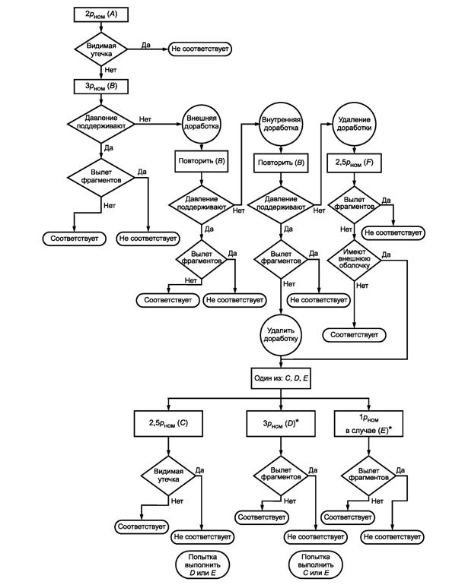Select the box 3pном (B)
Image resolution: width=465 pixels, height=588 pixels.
pos(104,85)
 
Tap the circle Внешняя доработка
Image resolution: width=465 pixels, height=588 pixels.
pos(200,125)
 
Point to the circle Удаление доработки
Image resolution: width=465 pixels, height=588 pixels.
pos(354,125)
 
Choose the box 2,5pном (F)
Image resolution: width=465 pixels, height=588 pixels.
pos(354,163)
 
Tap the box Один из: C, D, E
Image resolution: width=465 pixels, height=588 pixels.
pos(282,377)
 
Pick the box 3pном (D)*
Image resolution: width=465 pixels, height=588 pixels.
pos(282,421)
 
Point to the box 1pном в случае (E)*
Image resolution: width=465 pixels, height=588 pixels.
pos(368,421)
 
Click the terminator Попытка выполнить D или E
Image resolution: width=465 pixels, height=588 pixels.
pos(202,564)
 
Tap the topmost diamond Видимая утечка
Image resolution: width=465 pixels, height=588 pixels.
pos(104,48)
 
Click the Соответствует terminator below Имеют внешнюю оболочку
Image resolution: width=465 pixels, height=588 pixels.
pos(354,334)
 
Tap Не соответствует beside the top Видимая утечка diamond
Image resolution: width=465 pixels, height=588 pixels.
pos(200,48)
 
